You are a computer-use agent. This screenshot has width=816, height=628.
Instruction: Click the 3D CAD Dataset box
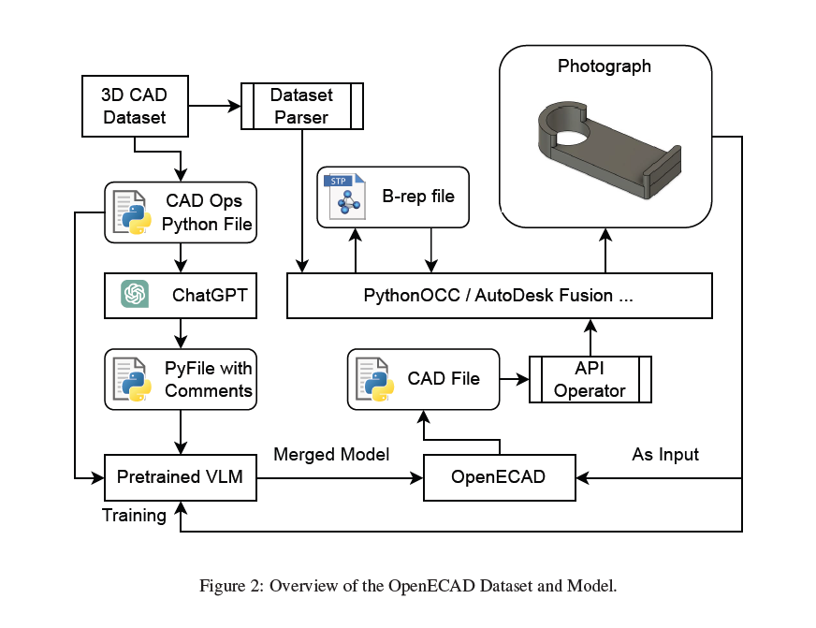coord(135,106)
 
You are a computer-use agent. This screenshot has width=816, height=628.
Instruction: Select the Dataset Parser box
coord(302,106)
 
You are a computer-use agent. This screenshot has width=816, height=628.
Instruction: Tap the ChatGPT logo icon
coord(135,294)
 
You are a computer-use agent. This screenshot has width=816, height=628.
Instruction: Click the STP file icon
coord(344,197)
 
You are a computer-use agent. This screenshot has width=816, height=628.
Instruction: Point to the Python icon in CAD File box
coord(374,379)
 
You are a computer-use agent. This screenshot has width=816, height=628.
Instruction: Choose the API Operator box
coord(590,379)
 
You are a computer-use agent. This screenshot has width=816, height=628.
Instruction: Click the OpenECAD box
coord(500,477)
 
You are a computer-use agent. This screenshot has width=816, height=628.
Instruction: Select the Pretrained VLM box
coord(181,477)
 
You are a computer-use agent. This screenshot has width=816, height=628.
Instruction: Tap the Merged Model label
coord(331,455)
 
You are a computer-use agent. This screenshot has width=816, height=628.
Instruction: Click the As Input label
coord(665,455)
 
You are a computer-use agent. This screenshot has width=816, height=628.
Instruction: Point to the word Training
coord(134,516)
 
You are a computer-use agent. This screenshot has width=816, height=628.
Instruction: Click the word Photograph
coord(605,66)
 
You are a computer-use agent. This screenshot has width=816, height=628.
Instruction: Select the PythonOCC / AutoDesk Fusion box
coord(500,296)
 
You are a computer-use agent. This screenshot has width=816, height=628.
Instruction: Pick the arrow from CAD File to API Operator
coord(514,379)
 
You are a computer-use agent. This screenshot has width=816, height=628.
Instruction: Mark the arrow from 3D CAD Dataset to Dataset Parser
coord(214,106)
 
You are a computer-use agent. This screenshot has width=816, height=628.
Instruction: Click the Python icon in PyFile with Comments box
coord(132,379)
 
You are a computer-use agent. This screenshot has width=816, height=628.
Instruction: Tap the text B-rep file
coord(418,197)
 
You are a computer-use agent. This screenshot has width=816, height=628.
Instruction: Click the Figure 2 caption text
coord(408,586)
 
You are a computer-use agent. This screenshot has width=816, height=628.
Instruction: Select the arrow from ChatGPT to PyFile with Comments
coord(181,333)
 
